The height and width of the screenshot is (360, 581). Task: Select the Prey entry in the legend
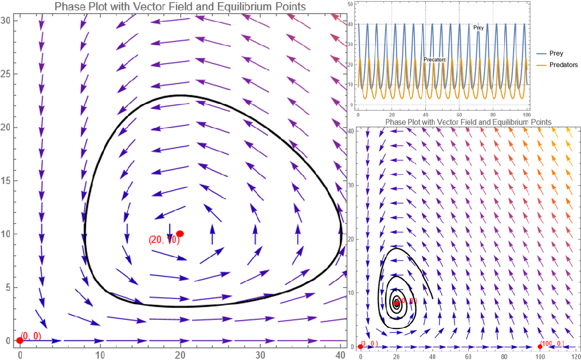click(556, 53)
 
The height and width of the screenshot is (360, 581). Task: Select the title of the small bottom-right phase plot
click(468, 122)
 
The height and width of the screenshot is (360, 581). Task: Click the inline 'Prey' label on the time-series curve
click(478, 27)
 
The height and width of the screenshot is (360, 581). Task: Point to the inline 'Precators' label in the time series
click(435, 59)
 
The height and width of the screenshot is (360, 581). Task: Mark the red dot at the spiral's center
click(396, 303)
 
